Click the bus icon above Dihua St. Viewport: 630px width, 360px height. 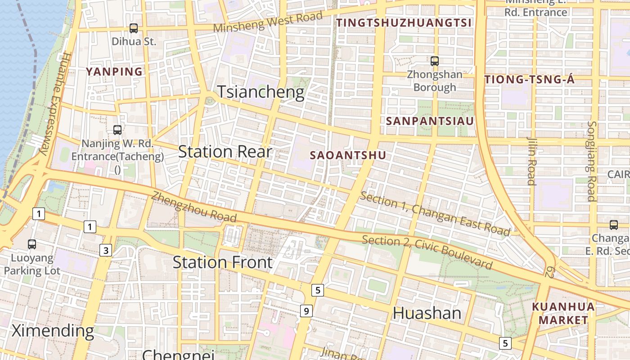tap(134, 28)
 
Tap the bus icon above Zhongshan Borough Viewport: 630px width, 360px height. tap(434, 61)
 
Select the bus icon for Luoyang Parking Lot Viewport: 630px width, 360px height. tap(32, 244)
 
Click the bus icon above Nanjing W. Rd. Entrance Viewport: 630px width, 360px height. tap(117, 130)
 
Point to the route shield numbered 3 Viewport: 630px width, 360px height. tap(105, 251)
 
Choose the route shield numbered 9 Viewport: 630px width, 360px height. tap(306, 310)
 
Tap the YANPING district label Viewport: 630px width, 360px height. tap(114, 72)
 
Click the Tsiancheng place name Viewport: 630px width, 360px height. tap(261, 92)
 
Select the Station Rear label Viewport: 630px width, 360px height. tap(225, 152)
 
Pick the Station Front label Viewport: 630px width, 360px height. tap(223, 262)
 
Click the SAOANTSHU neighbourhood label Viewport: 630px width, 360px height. tap(348, 155)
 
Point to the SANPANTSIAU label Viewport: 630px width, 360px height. tap(430, 121)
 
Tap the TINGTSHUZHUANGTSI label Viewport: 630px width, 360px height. tap(404, 23)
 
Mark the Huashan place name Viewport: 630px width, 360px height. tap(427, 313)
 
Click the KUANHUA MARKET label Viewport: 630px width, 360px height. tap(563, 314)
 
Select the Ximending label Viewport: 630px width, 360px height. tap(53, 331)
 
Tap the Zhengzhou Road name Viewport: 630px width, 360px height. tap(193, 207)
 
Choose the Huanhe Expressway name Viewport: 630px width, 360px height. tap(54, 103)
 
